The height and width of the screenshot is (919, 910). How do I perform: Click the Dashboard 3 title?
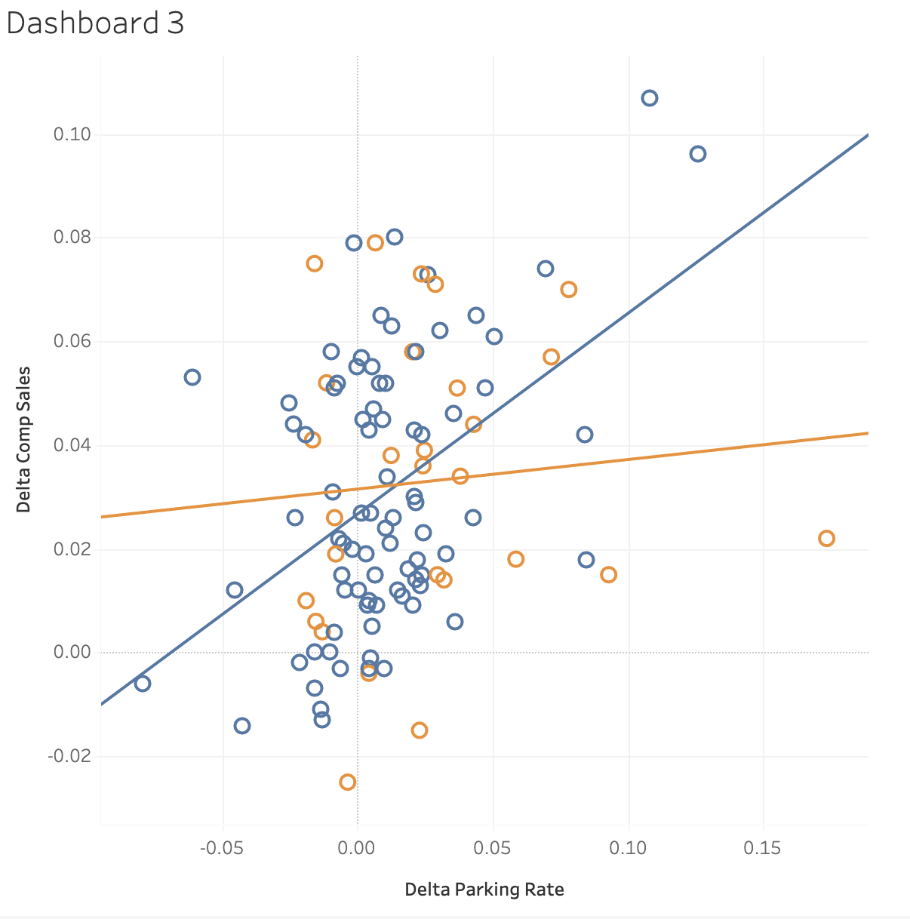pos(95,23)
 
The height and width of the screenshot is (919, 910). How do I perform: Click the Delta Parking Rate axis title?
pos(484,889)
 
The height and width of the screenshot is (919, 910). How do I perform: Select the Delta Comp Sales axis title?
pos(23,439)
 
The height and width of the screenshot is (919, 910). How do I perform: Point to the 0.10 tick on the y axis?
pos(72,134)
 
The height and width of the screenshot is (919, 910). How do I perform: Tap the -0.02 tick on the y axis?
pos(69,756)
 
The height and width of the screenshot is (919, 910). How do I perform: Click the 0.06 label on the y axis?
pos(72,341)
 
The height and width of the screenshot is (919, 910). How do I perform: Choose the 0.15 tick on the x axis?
pos(762,848)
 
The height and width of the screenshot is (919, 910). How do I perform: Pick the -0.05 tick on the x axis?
pos(223,848)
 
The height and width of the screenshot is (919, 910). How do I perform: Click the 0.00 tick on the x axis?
pos(358,848)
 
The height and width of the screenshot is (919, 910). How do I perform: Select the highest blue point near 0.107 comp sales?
pos(649,98)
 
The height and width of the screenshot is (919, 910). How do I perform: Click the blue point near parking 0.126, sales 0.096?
pos(697,154)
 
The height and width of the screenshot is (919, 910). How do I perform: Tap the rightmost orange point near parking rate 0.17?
pos(826,538)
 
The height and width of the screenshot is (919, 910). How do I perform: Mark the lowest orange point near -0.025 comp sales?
pos(347,782)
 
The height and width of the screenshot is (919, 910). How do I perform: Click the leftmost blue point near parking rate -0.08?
pos(142,684)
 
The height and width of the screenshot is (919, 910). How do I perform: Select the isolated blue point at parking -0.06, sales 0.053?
pos(192,377)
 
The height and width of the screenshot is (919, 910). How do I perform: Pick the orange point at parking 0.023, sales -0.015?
pos(420,730)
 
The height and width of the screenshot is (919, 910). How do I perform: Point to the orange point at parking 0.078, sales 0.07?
pos(568,290)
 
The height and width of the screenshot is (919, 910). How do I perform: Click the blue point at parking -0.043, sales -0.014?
pos(241,726)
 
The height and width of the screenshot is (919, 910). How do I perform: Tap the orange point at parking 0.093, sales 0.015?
pos(608,574)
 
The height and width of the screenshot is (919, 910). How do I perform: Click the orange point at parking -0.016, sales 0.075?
pos(314,263)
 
